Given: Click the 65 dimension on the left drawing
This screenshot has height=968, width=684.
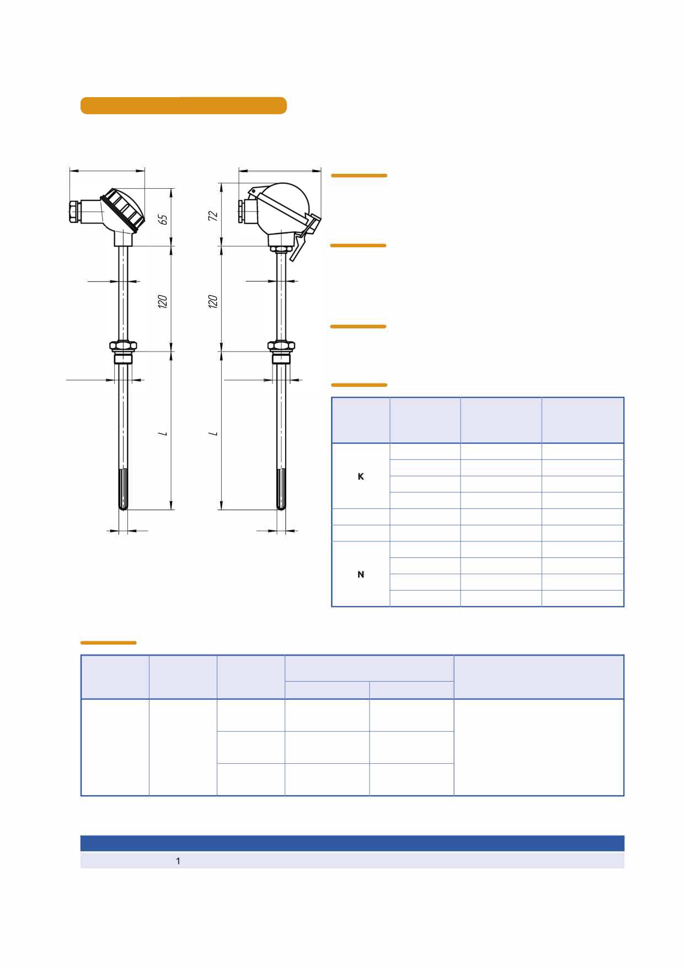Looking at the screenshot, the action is click(x=163, y=219).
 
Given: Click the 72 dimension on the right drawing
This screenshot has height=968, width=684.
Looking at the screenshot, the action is click(x=213, y=216).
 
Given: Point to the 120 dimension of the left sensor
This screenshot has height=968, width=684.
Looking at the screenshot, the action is click(x=163, y=301).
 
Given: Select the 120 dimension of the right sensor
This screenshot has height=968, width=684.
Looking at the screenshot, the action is click(x=213, y=301).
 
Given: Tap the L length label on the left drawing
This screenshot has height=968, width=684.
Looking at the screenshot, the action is click(x=163, y=433).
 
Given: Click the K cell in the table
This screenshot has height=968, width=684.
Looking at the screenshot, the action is click(x=361, y=476).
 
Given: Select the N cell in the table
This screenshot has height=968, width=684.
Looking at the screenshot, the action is click(x=361, y=575).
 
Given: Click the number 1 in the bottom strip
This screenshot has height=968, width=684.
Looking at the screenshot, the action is click(x=178, y=861).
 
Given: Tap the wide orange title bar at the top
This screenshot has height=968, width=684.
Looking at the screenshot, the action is click(x=184, y=105).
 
